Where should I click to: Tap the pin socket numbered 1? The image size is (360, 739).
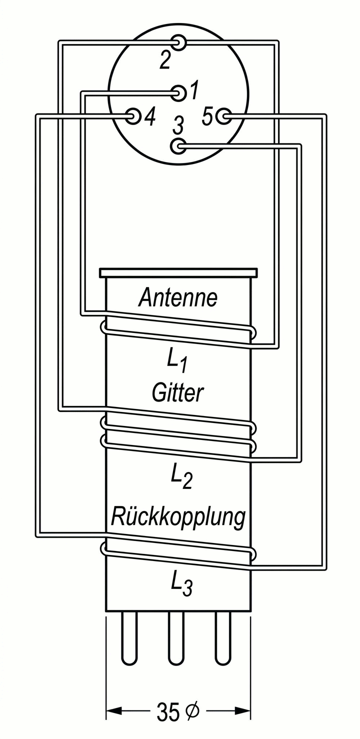178,92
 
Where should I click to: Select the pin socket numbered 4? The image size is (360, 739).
133,116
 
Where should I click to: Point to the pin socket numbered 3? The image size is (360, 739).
178,146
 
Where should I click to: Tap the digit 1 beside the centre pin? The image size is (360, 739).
194,91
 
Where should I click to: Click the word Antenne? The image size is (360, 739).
178,298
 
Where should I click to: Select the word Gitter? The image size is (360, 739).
178,393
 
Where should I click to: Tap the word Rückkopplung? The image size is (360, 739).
178,517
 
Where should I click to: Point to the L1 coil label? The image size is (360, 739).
176,361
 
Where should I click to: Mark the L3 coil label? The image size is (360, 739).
181,583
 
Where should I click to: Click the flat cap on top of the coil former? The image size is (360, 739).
178,273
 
